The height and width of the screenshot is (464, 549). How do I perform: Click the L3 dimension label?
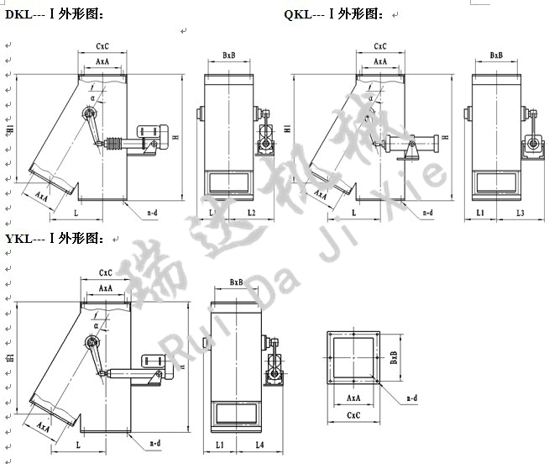520,214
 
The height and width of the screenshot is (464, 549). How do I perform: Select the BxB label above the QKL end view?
496,55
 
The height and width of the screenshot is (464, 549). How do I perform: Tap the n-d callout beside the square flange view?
412,396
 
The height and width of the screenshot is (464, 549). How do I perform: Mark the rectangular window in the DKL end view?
229,179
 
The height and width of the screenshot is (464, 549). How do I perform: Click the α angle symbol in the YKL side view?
96,323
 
